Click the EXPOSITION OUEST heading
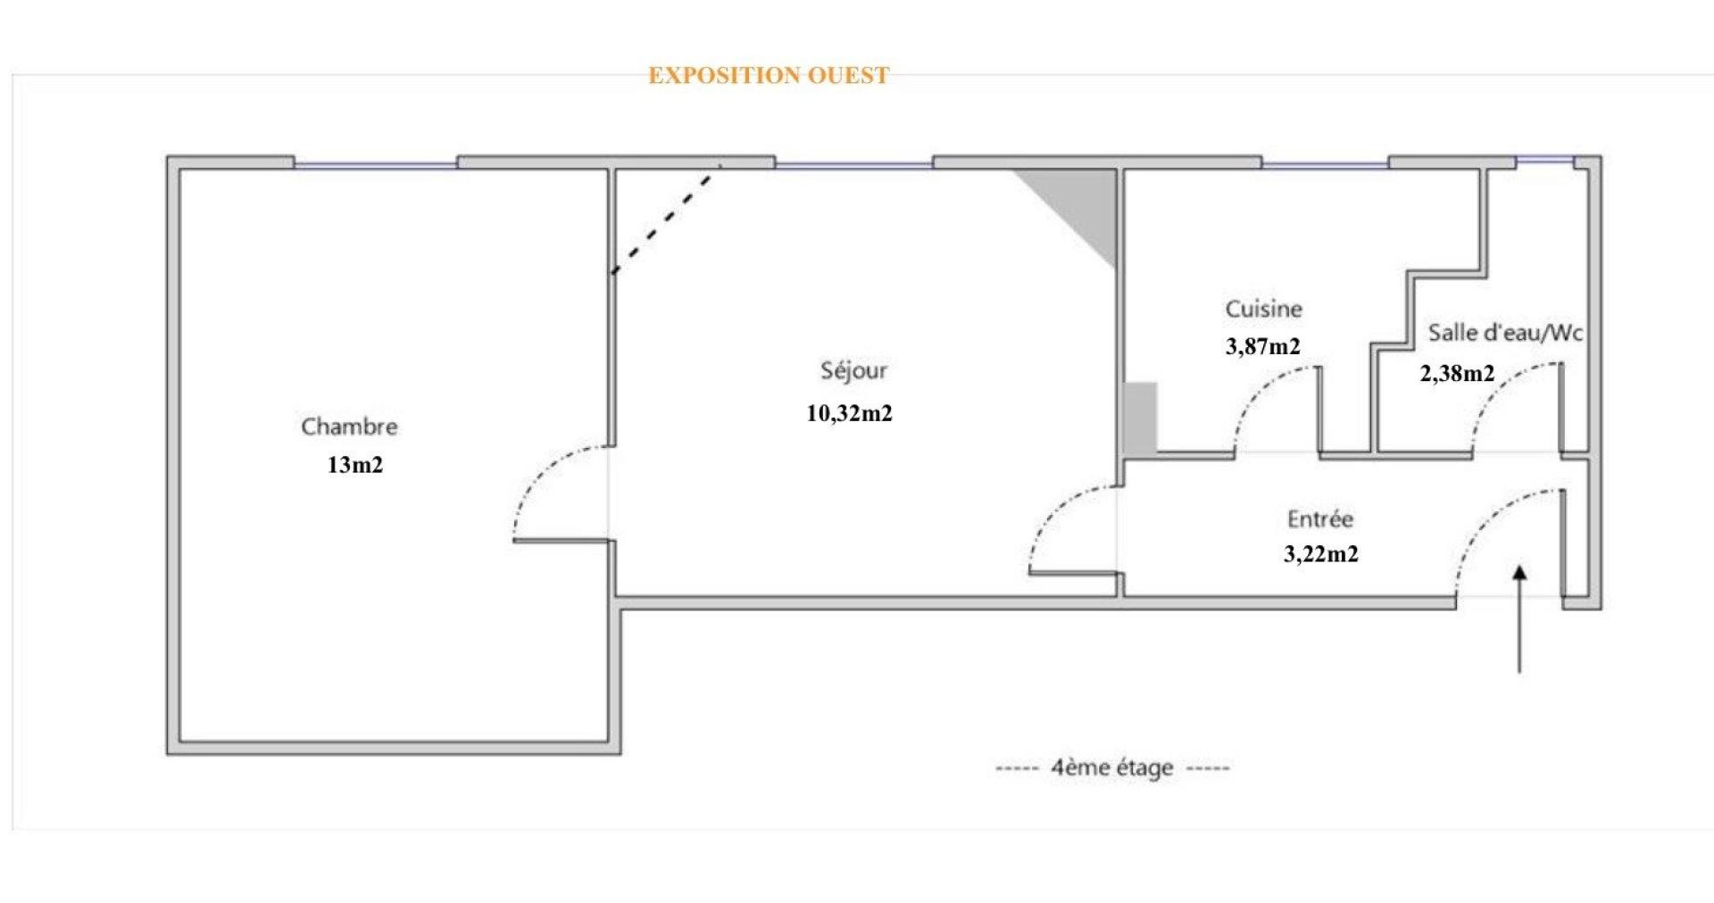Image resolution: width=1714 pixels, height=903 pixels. click(x=769, y=76)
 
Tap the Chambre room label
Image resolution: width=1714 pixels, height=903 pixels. click(x=349, y=427)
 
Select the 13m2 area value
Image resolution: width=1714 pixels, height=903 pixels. click(x=355, y=465)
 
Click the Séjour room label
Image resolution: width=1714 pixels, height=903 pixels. click(x=853, y=370)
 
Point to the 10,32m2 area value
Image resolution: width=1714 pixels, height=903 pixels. click(x=850, y=413)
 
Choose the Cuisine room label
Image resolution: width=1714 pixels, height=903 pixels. click(x=1263, y=309)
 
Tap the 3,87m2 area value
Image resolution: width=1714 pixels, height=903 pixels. click(x=1263, y=346)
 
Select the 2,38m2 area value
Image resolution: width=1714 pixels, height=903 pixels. click(x=1457, y=373)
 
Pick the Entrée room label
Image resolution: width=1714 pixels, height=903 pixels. click(x=1320, y=518)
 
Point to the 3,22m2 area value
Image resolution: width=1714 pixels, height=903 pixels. click(x=1321, y=554)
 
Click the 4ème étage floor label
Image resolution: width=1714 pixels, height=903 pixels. click(x=1112, y=767)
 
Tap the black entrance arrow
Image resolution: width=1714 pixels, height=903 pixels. click(x=1519, y=617)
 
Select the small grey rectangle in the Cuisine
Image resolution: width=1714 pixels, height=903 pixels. click(x=1140, y=418)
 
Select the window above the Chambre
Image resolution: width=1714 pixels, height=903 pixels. click(x=376, y=164)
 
